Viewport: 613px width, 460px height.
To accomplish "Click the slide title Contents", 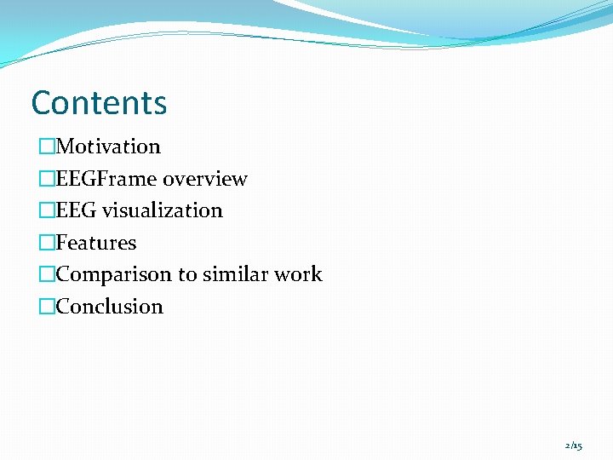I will click(99, 103).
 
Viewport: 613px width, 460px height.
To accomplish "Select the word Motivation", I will click(108, 147).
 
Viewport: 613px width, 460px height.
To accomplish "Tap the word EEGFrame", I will click(106, 179).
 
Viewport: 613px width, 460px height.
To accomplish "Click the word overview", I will click(205, 179).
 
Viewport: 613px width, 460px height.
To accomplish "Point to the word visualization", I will click(163, 210).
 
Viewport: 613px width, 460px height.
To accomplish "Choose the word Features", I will click(96, 243).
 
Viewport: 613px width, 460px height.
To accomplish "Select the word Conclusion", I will click(109, 307).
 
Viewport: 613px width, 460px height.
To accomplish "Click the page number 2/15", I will click(574, 446).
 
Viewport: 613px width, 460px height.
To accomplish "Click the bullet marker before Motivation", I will click(47, 147).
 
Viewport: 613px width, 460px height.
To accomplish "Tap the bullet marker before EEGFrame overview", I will click(47, 179).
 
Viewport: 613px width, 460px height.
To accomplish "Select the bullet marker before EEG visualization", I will click(47, 210).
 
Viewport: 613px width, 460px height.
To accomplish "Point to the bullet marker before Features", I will click(47, 243).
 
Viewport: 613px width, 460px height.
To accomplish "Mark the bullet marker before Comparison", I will click(47, 274).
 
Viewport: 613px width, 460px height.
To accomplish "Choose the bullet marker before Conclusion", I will click(47, 307).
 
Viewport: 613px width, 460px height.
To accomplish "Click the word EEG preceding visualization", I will click(77, 210).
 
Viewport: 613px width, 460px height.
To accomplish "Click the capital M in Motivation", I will click(65, 147).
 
